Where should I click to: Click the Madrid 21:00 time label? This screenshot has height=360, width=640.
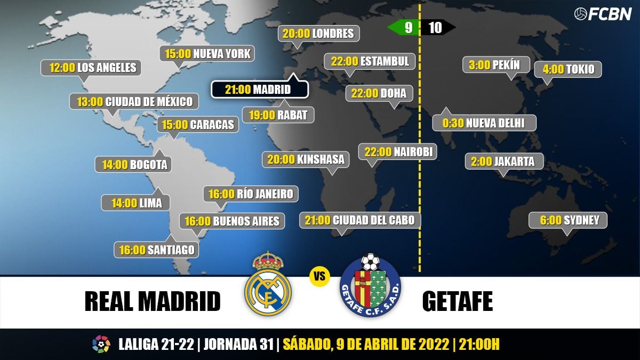259,90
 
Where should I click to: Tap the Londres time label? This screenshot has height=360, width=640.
318,34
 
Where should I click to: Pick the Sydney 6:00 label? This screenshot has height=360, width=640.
567,220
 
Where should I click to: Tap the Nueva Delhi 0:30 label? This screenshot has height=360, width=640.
484,123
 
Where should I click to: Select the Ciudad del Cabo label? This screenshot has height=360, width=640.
360,220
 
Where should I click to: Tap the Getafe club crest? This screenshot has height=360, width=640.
370,286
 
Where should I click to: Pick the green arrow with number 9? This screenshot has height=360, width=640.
404,28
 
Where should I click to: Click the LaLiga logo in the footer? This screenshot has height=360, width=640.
101,344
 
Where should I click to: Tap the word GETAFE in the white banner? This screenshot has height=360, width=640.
457,302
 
